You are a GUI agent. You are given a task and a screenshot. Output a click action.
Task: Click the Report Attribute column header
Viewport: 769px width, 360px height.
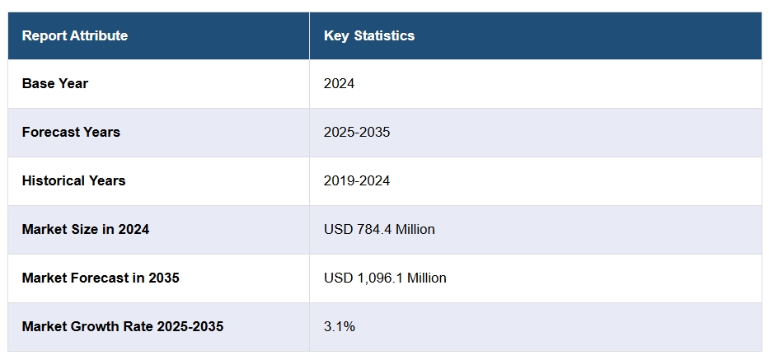[75, 35]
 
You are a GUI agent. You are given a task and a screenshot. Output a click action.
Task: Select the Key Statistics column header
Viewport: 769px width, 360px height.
[369, 35]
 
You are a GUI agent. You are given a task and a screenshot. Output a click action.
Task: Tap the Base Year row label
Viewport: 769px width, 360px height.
[55, 83]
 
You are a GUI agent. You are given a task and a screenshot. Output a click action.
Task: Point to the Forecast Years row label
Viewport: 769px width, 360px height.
[71, 132]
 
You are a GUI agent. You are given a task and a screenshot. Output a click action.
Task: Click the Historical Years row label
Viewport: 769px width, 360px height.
[74, 180]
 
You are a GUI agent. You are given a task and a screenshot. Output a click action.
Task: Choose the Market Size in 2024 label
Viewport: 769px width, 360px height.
[86, 229]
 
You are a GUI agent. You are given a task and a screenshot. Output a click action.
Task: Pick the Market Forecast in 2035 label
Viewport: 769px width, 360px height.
[101, 278]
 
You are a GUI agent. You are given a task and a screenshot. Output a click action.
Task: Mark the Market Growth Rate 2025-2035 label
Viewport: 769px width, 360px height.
[123, 326]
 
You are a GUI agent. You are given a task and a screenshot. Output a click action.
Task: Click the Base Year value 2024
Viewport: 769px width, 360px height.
[340, 83]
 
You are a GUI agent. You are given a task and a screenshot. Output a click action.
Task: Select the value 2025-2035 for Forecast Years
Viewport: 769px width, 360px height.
[357, 132]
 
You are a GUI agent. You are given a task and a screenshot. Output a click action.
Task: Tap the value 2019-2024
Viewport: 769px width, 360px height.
[357, 180]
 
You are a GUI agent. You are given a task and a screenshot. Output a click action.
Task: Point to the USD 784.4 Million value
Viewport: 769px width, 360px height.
[379, 229]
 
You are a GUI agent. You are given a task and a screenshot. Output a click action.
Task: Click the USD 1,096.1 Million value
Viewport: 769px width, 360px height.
[385, 278]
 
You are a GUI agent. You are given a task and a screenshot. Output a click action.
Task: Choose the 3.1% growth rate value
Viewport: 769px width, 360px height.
[340, 326]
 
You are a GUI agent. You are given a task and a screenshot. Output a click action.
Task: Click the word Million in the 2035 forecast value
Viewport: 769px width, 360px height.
[427, 278]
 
